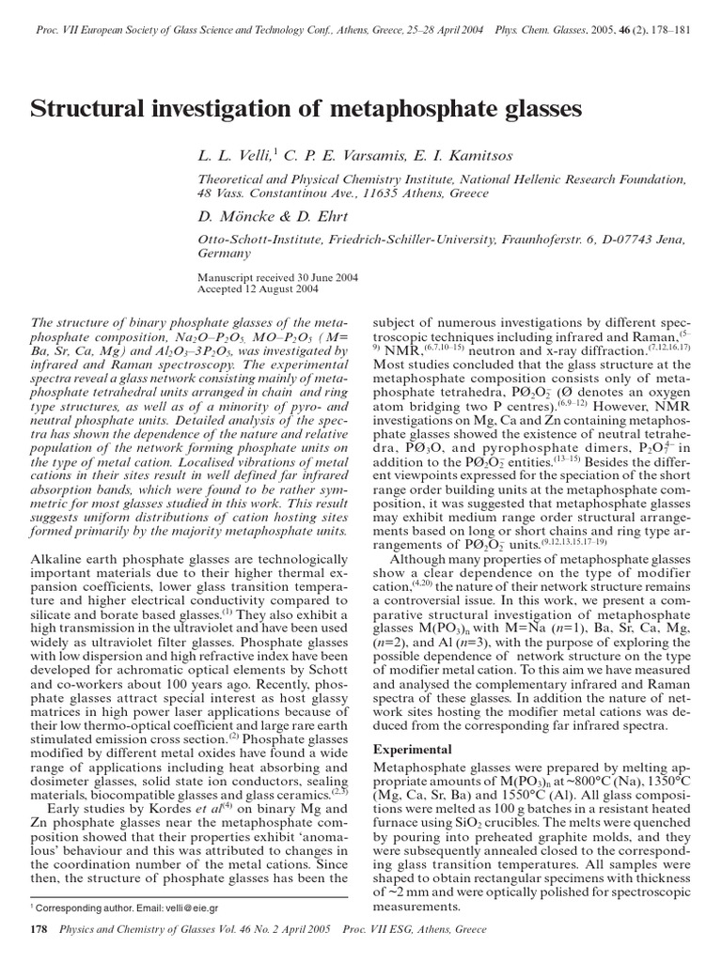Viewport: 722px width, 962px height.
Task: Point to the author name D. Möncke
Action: click(x=236, y=216)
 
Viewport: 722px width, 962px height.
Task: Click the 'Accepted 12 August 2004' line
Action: click(x=258, y=290)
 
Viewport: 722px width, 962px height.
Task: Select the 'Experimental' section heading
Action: click(x=413, y=750)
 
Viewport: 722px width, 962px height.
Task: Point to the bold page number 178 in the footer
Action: click(x=40, y=929)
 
